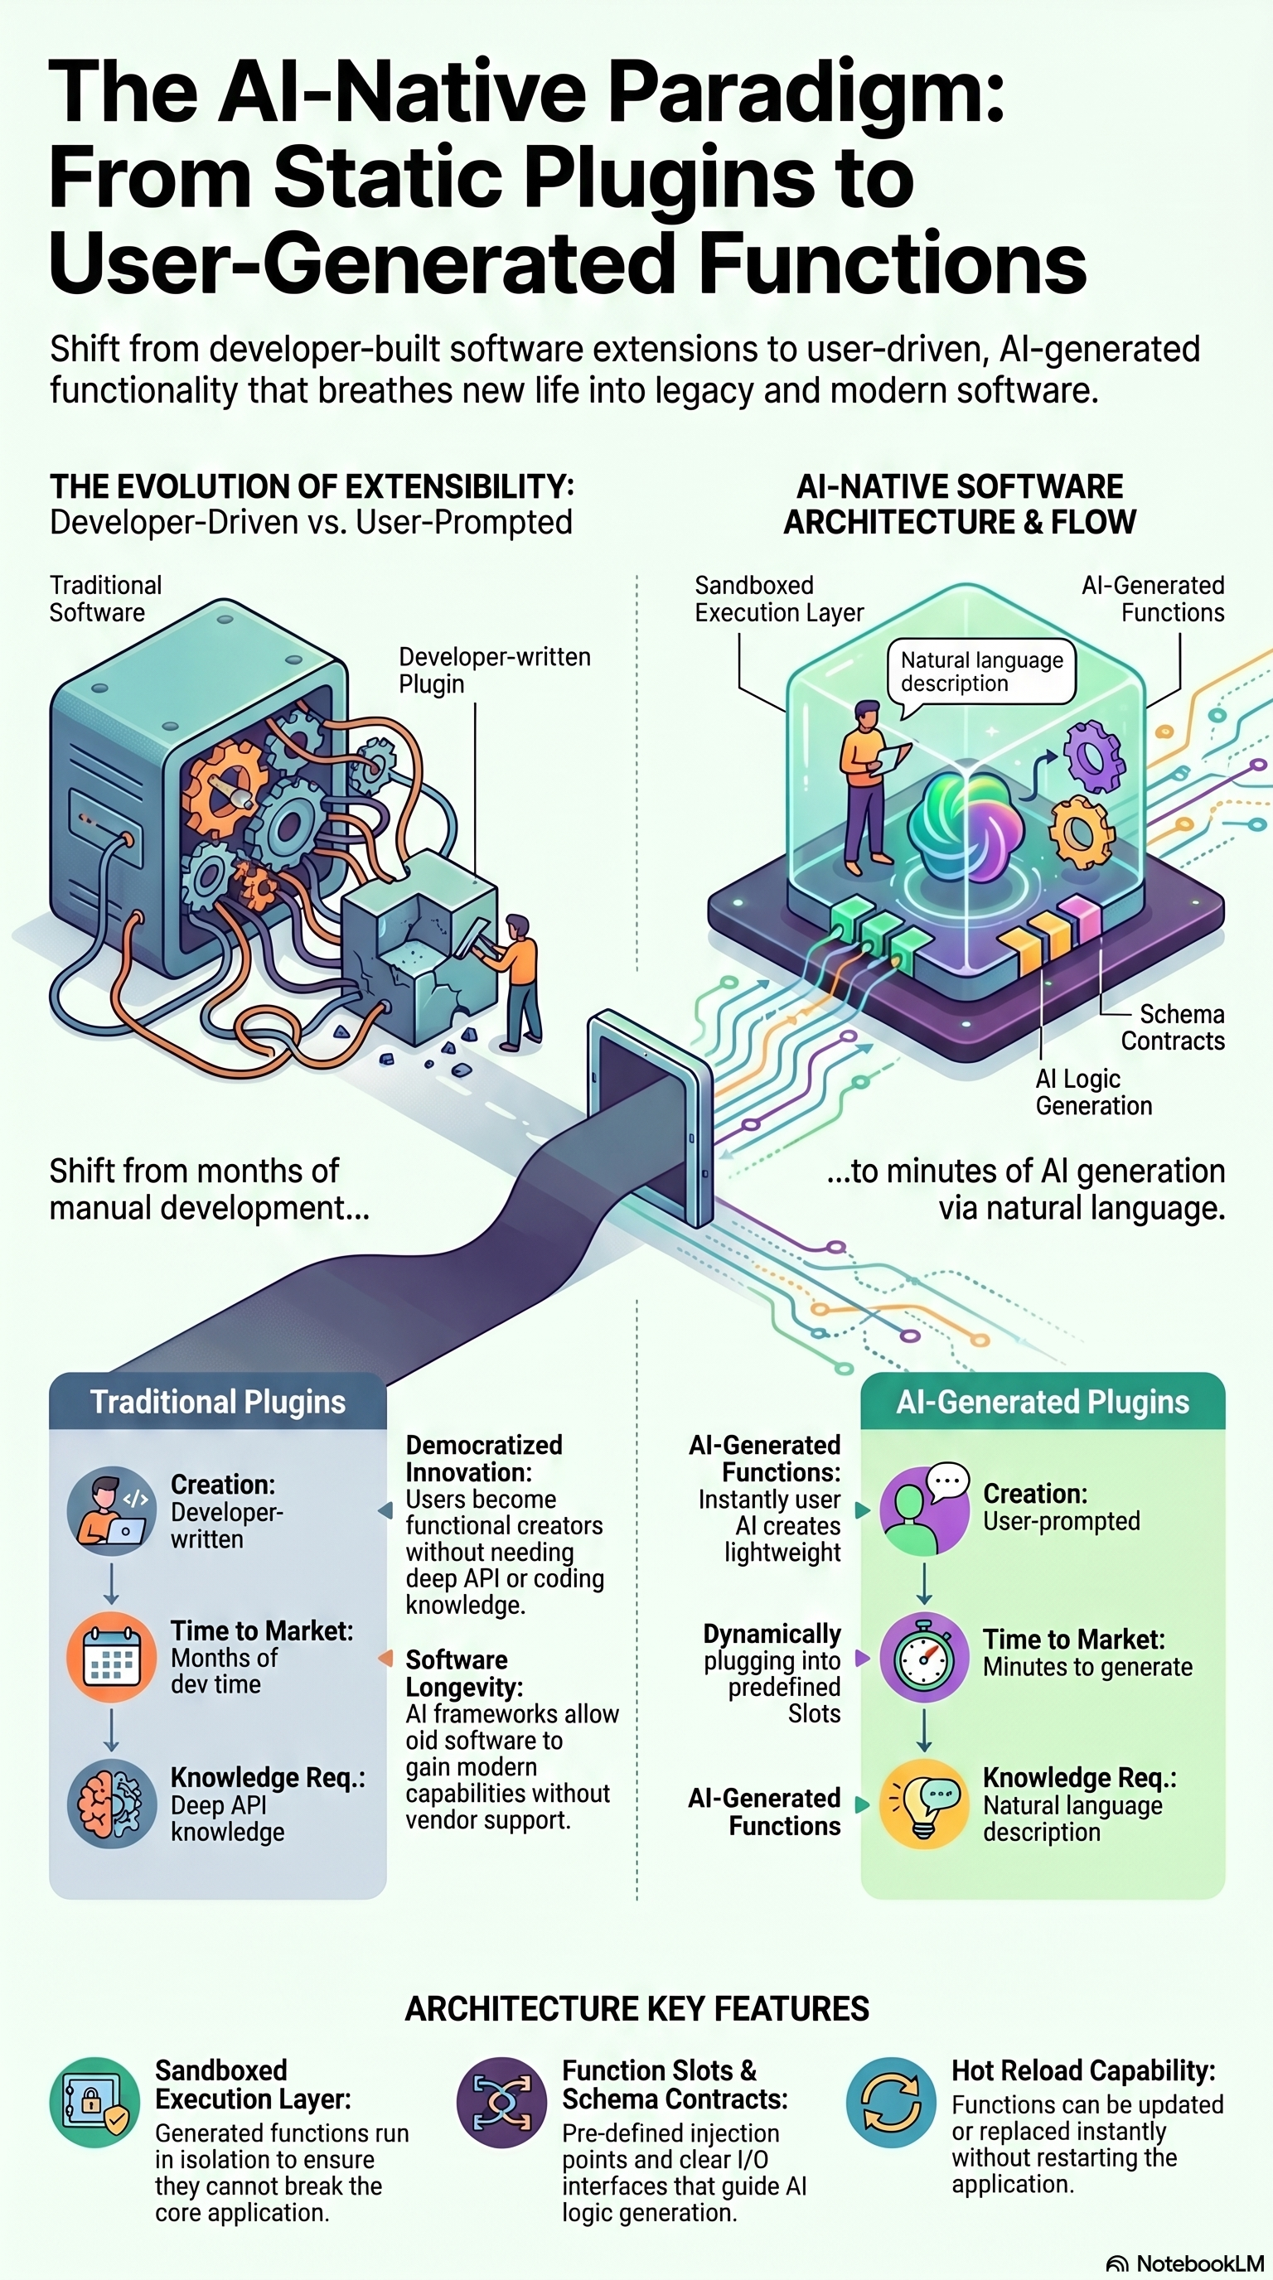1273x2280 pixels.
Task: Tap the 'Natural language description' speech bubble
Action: pos(981,673)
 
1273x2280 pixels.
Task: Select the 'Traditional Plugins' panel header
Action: pos(218,1402)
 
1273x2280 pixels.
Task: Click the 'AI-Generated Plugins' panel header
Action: pos(1043,1402)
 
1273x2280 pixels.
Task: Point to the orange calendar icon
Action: pos(112,1658)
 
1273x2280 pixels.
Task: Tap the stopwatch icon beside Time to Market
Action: pos(924,1658)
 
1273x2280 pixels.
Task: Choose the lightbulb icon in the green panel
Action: pos(924,1804)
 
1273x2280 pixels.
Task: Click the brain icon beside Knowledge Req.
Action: pos(112,1804)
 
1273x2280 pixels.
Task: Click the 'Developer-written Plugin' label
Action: pos(494,670)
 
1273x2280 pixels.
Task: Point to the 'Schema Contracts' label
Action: pos(1173,1026)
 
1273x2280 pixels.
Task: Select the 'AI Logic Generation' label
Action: pos(1093,1092)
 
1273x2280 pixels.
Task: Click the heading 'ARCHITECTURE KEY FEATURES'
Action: pos(636,2008)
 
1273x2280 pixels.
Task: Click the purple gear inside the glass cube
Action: pos(1093,759)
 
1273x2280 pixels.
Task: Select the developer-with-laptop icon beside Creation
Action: pos(112,1512)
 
